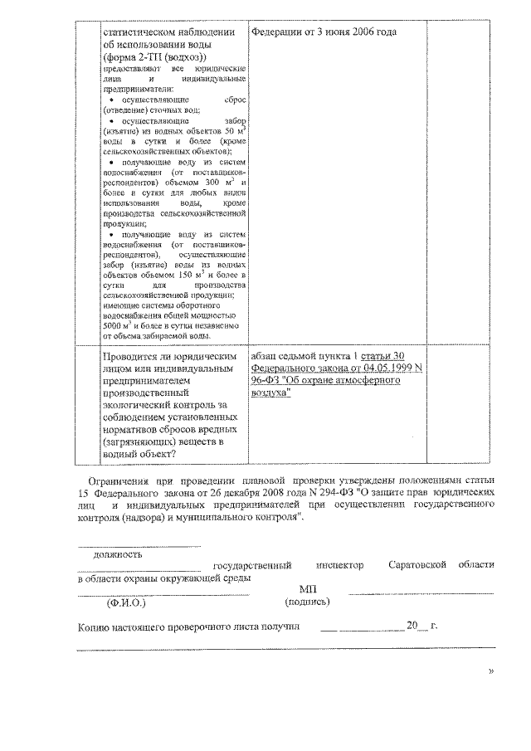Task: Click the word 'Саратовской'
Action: [x=417, y=566]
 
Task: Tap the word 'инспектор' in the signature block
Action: [x=341, y=566]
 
